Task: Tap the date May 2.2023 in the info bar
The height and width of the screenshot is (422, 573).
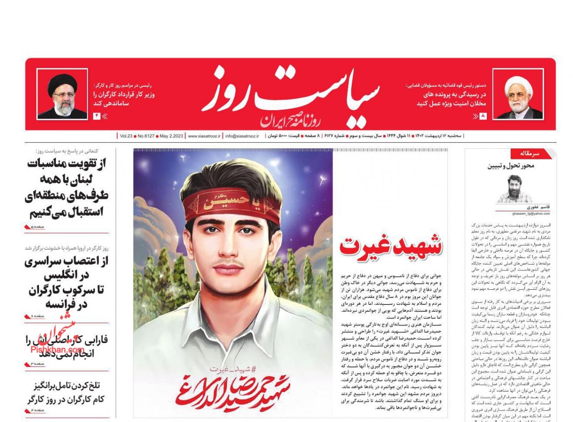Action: point(171,136)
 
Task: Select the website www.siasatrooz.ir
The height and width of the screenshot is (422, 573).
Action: point(204,136)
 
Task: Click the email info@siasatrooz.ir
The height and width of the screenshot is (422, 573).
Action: point(242,136)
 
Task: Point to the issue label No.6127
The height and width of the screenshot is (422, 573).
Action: point(146,136)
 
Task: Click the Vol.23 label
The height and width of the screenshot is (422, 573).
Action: point(126,136)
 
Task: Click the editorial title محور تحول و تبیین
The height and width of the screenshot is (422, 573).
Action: point(511,166)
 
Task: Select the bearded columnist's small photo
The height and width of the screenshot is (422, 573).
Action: point(514,189)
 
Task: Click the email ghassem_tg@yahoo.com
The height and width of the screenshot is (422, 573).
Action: point(531,214)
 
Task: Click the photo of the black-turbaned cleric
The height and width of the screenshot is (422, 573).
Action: point(62,94)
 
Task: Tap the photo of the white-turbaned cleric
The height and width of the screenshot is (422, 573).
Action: point(518,94)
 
